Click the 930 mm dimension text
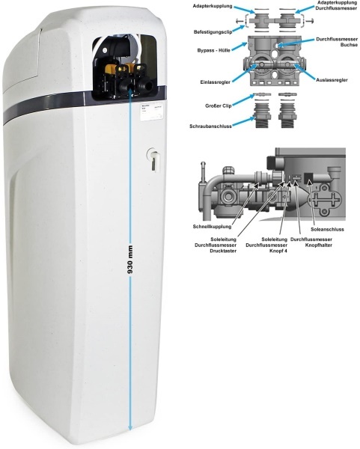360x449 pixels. pos(130,260)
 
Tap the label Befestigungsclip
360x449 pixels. pos(213,31)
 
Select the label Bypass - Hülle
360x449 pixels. pos(213,50)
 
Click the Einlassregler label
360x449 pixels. pos(215,82)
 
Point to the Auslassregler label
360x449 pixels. pos(332,79)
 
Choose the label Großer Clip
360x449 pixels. pos(219,106)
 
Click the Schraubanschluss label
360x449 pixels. pos(210,126)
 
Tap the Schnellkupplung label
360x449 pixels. pos(212,227)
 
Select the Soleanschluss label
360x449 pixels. pos(327,229)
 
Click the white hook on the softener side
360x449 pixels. pos(153,160)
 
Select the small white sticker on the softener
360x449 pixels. pos(153,112)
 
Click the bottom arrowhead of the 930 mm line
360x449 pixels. pos(130,427)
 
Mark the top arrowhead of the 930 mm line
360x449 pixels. pos(130,91)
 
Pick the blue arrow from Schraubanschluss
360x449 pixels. pos(243,121)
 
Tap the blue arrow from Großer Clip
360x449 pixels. pos(243,100)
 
